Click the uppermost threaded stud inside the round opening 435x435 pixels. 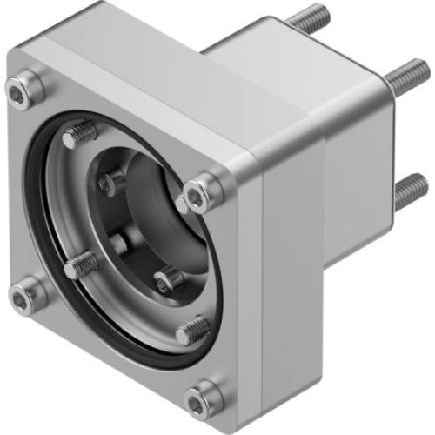(x=82, y=134)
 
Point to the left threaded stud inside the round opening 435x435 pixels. (x=81, y=264)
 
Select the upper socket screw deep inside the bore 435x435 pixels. (x=113, y=183)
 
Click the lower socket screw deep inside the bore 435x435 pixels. (x=168, y=280)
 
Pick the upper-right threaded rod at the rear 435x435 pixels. (x=405, y=79)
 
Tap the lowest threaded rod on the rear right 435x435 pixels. (x=409, y=191)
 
